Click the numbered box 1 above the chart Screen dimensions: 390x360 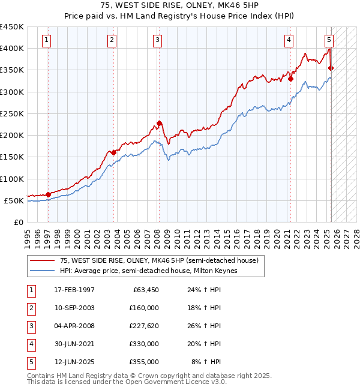pos(47,40)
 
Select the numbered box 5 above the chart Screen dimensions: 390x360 pos(329,40)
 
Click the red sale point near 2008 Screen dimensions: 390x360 pos(159,123)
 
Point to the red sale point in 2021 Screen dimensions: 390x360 pos(290,78)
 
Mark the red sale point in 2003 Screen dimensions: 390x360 pos(113,152)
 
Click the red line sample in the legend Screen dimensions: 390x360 pos(43,260)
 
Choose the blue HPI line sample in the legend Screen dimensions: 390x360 pos(43,271)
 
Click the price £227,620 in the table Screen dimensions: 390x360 pos(144,326)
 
